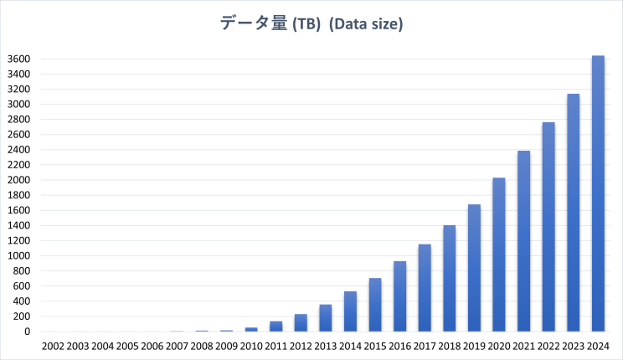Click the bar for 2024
point(598,193)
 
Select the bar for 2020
point(499,255)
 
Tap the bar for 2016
point(400,296)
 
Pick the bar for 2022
point(548,227)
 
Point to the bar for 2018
point(450,278)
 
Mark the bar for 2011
point(275,327)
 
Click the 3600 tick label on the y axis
point(18,59)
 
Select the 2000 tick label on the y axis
point(18,180)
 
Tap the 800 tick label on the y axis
point(21,270)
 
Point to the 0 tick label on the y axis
point(28,332)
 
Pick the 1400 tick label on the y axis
point(18,225)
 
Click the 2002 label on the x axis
point(53,346)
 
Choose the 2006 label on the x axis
point(152,346)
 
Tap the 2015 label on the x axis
point(375,346)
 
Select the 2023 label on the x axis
point(573,346)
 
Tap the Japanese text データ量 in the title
point(253,24)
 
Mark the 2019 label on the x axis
point(474,346)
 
